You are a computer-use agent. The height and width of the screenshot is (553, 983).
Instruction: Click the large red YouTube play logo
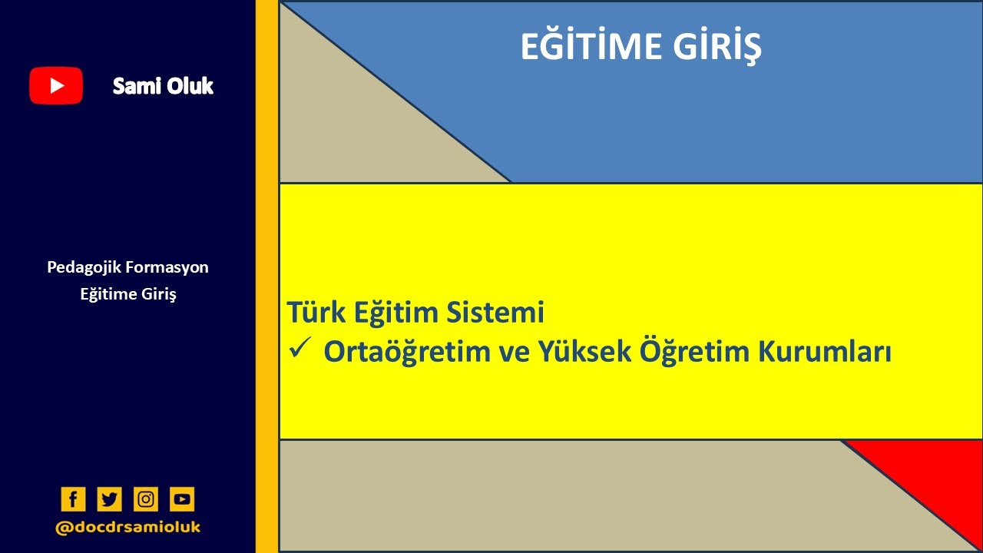(x=56, y=85)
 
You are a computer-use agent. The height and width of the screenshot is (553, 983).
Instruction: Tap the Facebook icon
(x=73, y=499)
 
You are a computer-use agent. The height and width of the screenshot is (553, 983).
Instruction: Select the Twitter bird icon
(x=109, y=499)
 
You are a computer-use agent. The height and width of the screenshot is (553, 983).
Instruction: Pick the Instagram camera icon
(x=146, y=499)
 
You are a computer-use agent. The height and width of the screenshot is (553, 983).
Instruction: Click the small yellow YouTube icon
(x=182, y=499)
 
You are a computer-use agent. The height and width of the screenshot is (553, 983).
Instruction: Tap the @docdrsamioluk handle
(x=127, y=528)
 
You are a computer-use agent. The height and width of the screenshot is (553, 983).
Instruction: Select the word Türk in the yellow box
(x=312, y=313)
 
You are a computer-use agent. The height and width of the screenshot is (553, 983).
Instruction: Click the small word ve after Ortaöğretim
(x=508, y=352)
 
